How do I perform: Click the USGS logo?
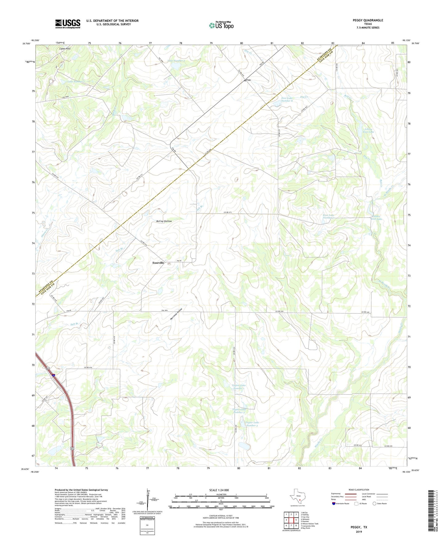68,24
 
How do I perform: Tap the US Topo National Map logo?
221,25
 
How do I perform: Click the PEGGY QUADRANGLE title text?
368,20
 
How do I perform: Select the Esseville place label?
158,263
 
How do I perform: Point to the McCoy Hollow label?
164,221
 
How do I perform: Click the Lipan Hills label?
65,49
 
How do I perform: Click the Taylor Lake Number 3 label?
252,424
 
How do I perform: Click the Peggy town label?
248,80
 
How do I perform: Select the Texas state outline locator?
297,496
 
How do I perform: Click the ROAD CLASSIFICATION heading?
359,490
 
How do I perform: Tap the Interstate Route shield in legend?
334,503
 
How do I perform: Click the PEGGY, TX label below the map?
359,527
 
